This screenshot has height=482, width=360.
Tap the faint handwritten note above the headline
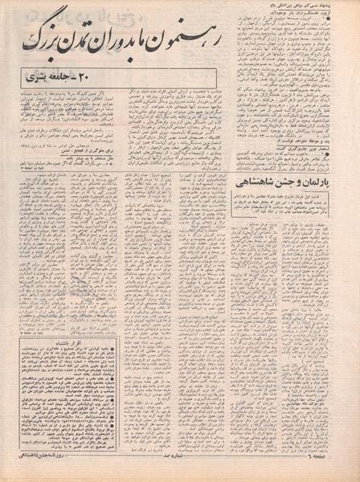tap(48, 14)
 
